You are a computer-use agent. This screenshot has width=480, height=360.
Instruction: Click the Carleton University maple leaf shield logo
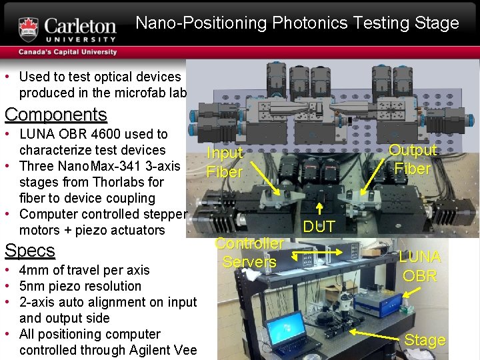29,28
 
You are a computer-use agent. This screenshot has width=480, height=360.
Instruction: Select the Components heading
56,115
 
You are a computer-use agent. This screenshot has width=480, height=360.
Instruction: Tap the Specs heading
30,251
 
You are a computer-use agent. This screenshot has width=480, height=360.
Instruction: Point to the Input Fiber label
225,162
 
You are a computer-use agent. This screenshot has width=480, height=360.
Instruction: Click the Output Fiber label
413,159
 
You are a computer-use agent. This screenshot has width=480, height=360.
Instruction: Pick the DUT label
319,227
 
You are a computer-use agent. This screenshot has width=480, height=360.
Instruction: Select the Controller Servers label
249,253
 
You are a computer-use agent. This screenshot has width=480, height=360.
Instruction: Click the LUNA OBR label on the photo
420,266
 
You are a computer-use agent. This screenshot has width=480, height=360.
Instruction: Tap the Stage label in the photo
425,340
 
